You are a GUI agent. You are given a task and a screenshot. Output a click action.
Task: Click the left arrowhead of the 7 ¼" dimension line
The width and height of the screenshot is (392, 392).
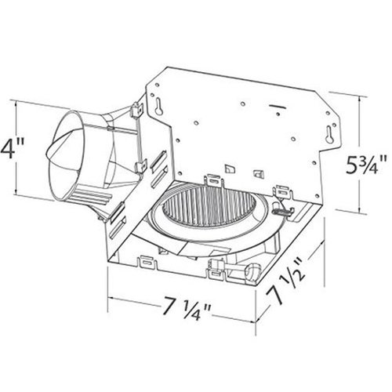(x=110, y=299)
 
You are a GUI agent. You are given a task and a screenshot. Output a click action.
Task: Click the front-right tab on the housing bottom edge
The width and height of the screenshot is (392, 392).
(x=216, y=271)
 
